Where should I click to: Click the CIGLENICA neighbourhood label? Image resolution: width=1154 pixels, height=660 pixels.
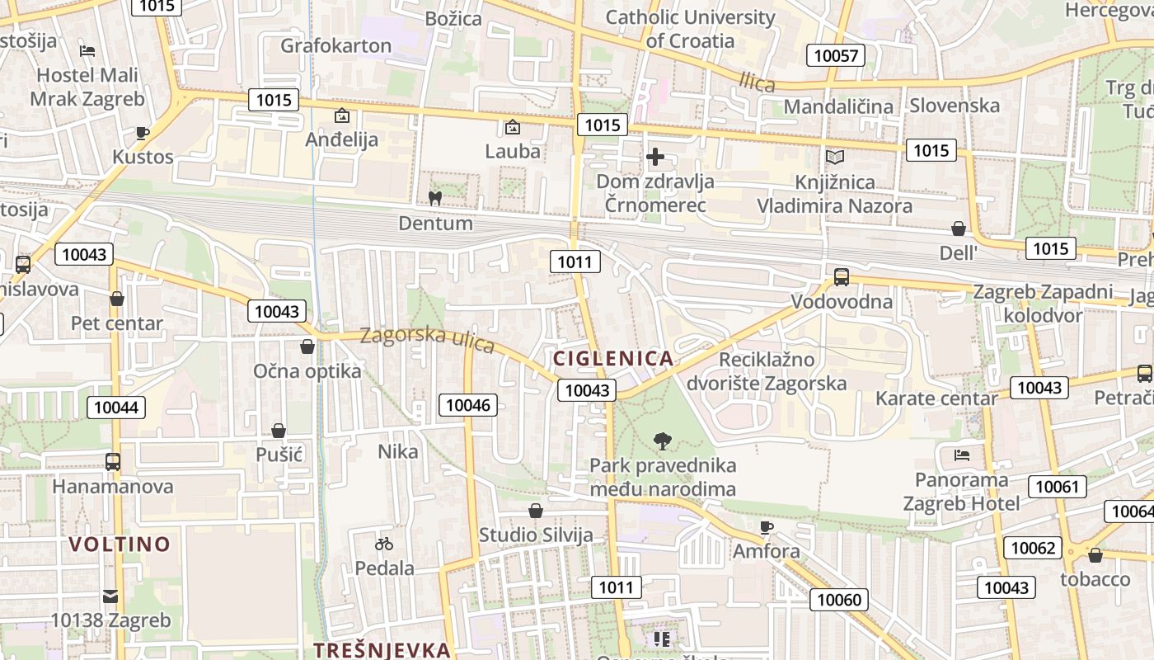(613, 359)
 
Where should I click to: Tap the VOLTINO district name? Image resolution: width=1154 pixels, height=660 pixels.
(120, 544)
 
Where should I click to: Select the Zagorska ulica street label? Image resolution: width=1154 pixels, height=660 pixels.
(427, 338)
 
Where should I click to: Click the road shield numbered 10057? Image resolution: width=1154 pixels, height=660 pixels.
(835, 56)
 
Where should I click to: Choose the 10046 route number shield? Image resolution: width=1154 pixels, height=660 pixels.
(467, 404)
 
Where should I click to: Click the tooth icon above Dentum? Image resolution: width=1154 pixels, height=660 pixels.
(434, 198)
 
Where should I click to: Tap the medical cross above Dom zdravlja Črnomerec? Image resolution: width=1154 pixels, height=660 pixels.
(655, 156)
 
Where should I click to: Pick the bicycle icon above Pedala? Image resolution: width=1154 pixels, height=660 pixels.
(384, 544)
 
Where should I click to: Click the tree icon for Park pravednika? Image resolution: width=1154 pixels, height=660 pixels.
(662, 441)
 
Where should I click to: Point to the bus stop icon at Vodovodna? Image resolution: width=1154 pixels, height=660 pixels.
(841, 277)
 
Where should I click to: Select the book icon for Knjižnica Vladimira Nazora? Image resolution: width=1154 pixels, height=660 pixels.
(834, 157)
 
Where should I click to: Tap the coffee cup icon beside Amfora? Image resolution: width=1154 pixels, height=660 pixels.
(767, 526)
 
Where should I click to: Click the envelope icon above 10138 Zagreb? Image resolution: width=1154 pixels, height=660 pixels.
(110, 596)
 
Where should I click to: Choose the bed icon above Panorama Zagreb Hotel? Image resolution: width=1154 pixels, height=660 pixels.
(961, 455)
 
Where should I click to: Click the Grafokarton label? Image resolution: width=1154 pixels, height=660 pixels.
(335, 45)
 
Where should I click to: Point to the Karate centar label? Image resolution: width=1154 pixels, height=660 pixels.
(936, 399)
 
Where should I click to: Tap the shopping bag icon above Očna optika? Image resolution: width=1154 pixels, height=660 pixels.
(307, 346)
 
